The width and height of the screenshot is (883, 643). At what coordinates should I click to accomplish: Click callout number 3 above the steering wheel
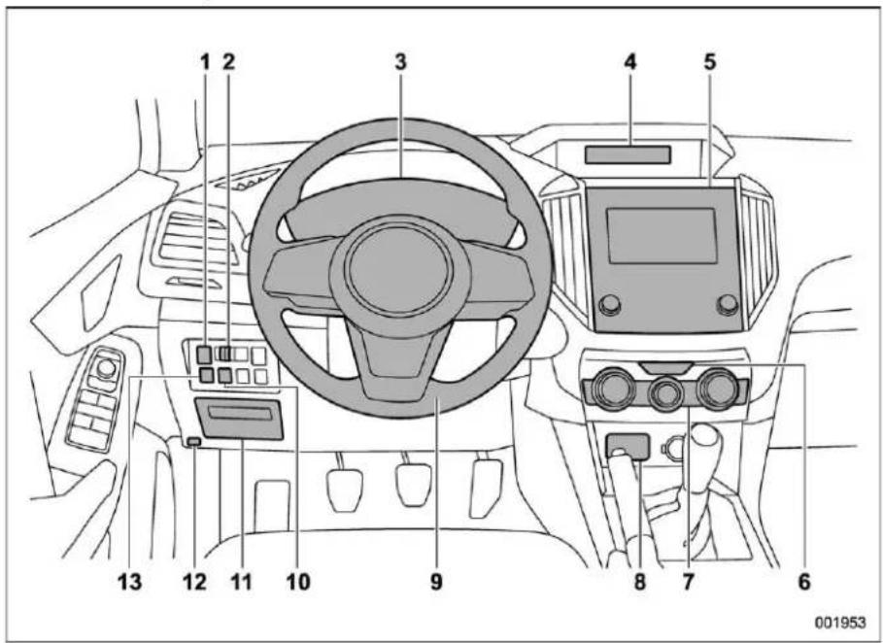[400, 62]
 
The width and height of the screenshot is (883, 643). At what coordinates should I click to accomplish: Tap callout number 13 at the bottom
[130, 582]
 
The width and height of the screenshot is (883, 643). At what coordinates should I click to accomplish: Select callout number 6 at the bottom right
[804, 582]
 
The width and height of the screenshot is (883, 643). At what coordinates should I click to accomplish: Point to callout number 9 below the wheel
[436, 582]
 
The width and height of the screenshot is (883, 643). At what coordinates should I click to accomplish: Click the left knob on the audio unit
[609, 304]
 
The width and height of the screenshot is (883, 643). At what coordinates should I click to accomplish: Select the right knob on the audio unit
[727, 304]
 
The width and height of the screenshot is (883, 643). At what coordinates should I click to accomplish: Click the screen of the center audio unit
[662, 235]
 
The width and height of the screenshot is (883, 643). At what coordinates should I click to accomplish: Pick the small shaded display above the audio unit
[628, 154]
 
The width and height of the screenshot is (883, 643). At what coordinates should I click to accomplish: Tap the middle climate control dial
[666, 393]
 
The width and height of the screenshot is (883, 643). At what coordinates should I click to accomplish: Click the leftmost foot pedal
[344, 482]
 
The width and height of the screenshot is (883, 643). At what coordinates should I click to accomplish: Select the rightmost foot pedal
[486, 487]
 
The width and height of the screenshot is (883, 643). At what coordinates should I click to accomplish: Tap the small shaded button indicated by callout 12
[193, 442]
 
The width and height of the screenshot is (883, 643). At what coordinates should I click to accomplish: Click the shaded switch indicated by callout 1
[204, 355]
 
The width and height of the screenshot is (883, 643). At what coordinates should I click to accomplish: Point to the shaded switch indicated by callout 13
[207, 376]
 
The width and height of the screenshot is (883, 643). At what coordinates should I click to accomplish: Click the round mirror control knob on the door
[105, 369]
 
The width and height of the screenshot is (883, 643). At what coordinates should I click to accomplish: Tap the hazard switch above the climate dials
[666, 368]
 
